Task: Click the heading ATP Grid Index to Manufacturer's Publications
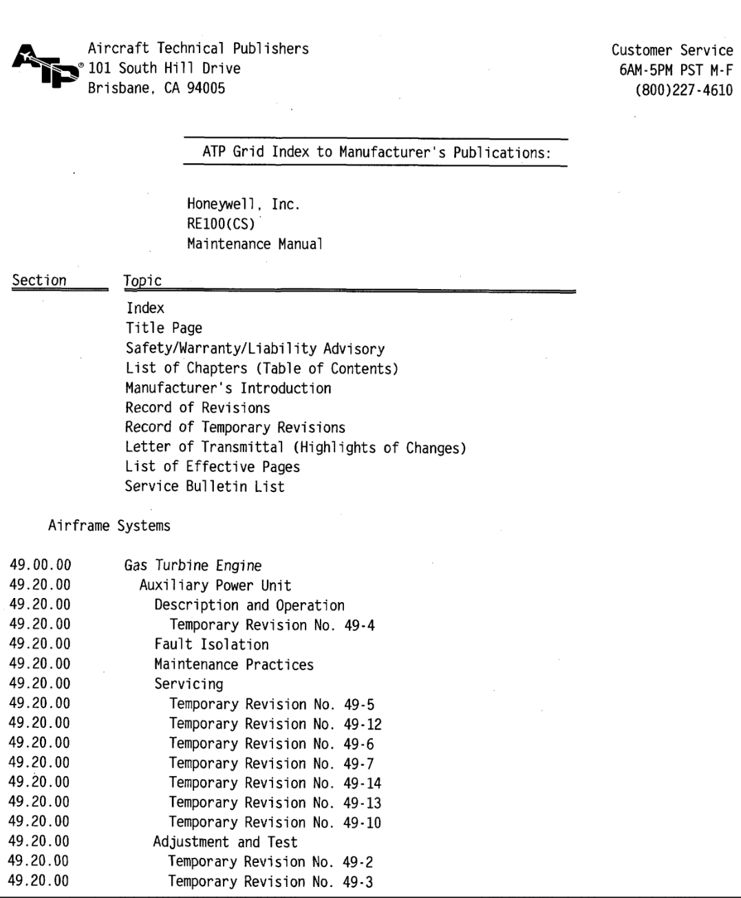[376, 152]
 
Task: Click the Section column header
[39, 281]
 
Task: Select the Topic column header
[142, 281]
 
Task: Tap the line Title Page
[164, 328]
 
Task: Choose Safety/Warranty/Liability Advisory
[255, 349]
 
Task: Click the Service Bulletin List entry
[204, 487]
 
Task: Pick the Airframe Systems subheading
[109, 526]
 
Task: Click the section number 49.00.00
[41, 566]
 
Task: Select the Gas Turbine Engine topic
[193, 566]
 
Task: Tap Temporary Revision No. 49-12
[275, 724]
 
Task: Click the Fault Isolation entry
[211, 645]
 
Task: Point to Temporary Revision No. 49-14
[275, 783]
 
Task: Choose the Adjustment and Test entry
[225, 842]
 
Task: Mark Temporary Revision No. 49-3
[271, 881]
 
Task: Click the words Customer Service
[672, 51]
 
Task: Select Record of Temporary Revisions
[235, 427]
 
